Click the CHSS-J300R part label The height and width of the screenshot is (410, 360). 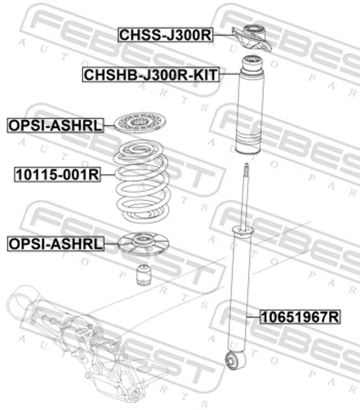pyautogui.click(x=166, y=35)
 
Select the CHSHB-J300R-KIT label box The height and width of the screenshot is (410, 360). pyautogui.click(x=151, y=75)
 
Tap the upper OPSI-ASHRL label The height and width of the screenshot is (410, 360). pyautogui.click(x=55, y=125)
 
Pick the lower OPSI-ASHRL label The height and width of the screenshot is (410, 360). pyautogui.click(x=55, y=243)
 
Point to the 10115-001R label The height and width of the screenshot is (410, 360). pyautogui.click(x=58, y=175)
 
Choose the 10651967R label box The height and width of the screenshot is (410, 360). pyautogui.click(x=300, y=317)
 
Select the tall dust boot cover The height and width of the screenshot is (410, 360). pyautogui.click(x=250, y=104)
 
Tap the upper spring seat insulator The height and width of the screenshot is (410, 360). pyautogui.click(x=140, y=122)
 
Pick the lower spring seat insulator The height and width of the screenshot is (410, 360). pyautogui.click(x=144, y=243)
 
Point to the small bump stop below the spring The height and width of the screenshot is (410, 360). pyautogui.click(x=144, y=275)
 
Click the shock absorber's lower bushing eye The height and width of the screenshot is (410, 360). pyautogui.click(x=235, y=360)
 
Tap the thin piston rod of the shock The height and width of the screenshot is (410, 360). pyautogui.click(x=245, y=196)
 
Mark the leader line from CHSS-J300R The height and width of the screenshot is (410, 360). pyautogui.click(x=223, y=35)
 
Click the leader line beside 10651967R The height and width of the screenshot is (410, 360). pyautogui.click(x=253, y=317)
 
